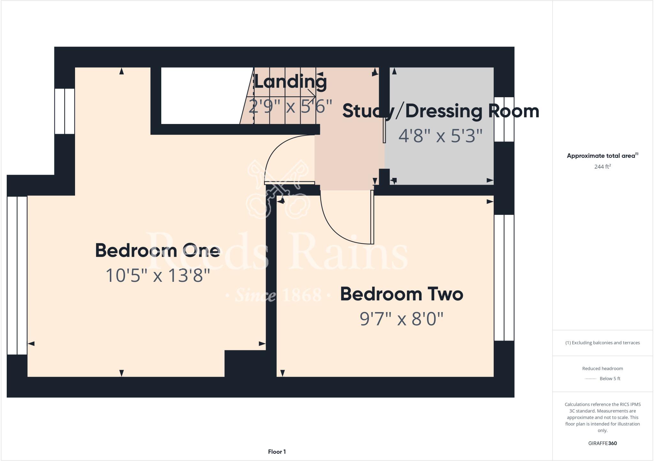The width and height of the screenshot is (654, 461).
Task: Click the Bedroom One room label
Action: [x=157, y=251]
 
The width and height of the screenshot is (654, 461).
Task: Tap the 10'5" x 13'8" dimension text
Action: [x=157, y=275]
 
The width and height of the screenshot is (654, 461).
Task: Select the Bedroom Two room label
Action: [x=401, y=294]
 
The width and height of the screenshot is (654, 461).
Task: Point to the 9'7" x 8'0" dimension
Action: [x=401, y=318]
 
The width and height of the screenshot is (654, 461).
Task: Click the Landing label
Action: [x=290, y=82]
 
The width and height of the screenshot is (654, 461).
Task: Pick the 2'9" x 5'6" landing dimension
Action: [x=290, y=106]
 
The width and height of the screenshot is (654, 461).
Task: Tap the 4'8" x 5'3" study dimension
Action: [x=440, y=136]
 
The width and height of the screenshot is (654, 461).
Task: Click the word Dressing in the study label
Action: [x=444, y=111]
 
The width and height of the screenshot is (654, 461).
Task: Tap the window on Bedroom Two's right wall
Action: [x=504, y=277]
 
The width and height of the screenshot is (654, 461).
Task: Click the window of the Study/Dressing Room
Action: [x=504, y=119]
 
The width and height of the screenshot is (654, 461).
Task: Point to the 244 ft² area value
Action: [x=602, y=166]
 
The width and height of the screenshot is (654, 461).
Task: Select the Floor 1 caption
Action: [x=277, y=451]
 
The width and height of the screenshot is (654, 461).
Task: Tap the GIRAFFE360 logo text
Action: [x=602, y=443]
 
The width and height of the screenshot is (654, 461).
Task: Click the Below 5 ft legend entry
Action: [x=610, y=378]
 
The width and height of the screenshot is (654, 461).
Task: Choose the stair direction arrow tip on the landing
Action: [x=315, y=96]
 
